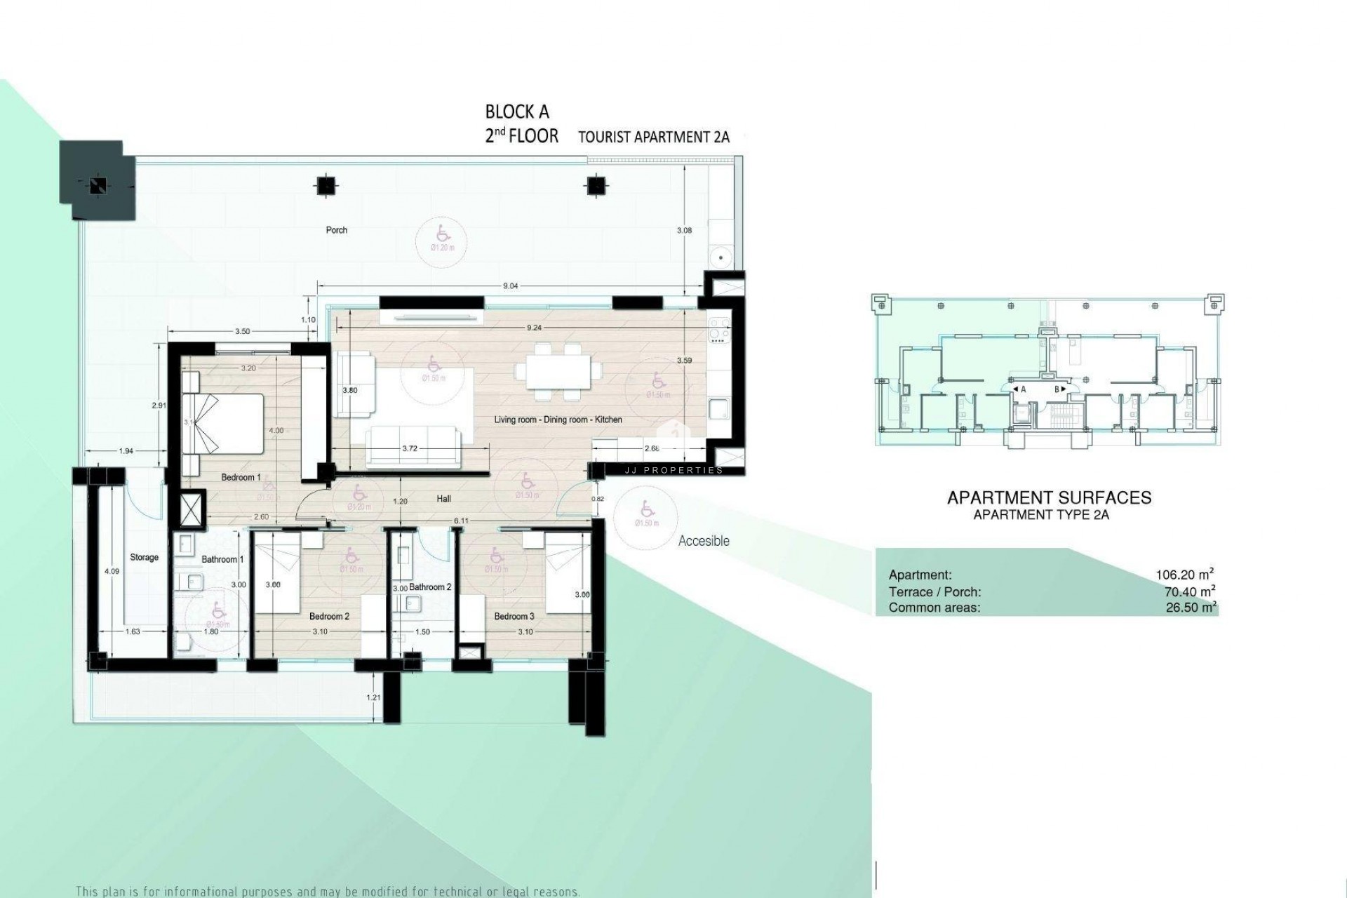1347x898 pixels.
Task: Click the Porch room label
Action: point(337,230)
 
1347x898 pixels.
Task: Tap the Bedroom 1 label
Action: point(241,478)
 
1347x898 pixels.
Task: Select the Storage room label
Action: point(144,558)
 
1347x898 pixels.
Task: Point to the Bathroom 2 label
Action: point(430,587)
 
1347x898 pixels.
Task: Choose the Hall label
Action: point(443,499)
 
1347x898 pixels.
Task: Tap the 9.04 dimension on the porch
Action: point(511,286)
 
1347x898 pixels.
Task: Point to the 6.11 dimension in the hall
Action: point(461,521)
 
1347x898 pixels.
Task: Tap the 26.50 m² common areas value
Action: point(1191,608)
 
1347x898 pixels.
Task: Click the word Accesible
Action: point(704,541)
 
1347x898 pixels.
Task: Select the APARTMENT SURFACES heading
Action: point(1049,498)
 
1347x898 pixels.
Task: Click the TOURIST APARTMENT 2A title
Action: point(653,137)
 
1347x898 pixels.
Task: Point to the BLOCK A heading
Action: point(517,112)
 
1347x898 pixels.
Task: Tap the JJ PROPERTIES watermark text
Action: point(673,470)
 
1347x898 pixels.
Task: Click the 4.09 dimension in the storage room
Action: point(112,572)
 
